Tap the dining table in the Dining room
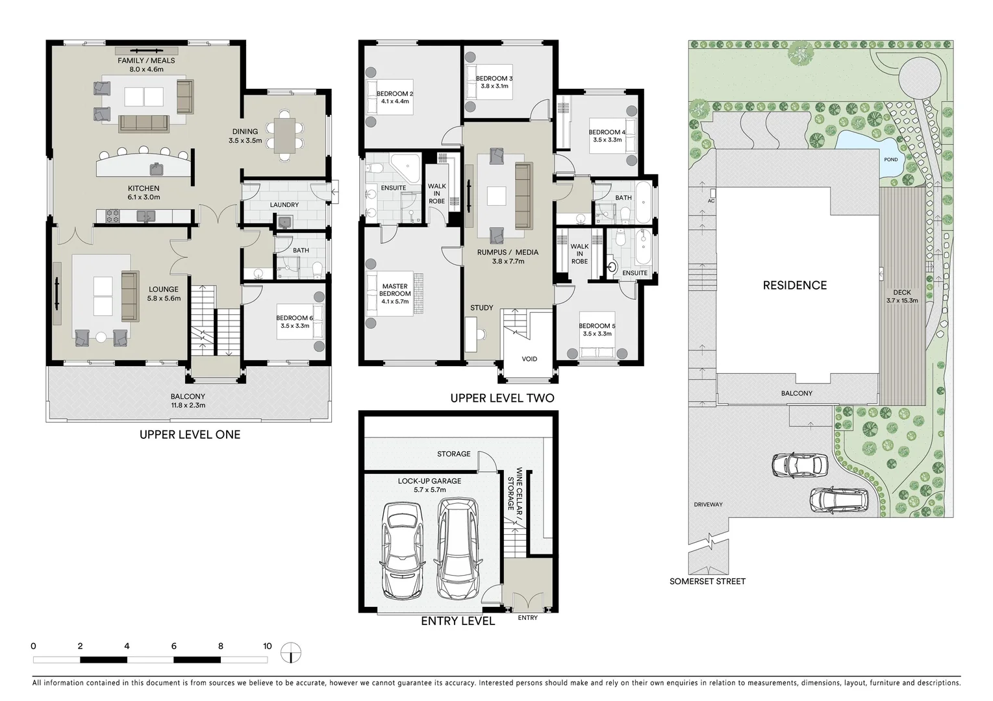click(x=284, y=136)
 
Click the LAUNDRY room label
click(x=284, y=205)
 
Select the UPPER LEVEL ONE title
click(x=190, y=435)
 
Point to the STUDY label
click(x=482, y=308)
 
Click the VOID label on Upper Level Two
click(x=529, y=359)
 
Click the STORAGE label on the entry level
click(x=453, y=454)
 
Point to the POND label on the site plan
click(x=891, y=160)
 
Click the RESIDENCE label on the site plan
click(x=794, y=286)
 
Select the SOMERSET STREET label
click(x=707, y=582)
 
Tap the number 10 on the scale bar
click(x=267, y=646)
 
